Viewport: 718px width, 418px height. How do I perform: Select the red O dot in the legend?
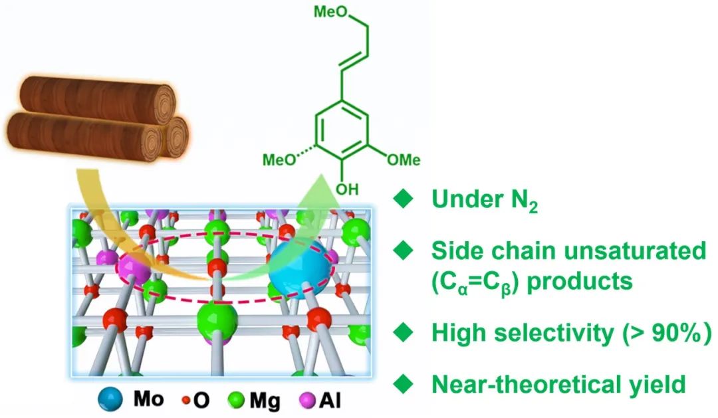(x=183, y=401)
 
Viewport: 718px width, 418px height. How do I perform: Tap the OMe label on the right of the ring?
(x=404, y=159)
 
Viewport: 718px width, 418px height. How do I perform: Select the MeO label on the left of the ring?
(x=280, y=159)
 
